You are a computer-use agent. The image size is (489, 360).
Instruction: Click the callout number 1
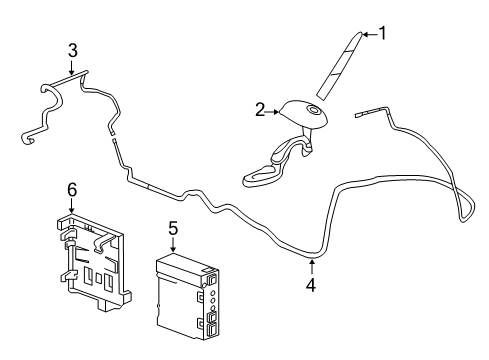(383, 33)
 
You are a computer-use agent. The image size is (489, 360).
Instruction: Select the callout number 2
(260, 110)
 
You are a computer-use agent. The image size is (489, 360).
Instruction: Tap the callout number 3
(73, 51)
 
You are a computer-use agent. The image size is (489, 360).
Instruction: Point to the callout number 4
(311, 285)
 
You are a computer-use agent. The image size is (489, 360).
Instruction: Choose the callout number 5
(173, 229)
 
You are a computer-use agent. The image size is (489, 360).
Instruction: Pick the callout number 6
(72, 190)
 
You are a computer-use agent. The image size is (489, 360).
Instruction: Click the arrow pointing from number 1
(370, 34)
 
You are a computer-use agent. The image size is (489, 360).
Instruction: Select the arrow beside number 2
(272, 112)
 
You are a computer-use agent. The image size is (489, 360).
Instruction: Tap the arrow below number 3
(71, 67)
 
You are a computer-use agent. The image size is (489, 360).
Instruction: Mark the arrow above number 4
(312, 268)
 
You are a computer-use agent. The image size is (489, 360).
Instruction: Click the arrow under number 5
(173, 245)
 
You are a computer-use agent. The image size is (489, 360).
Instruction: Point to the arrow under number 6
(71, 206)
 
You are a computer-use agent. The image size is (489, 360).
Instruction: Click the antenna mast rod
(339, 66)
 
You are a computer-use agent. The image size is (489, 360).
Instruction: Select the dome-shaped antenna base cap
(303, 113)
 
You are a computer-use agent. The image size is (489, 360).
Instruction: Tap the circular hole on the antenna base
(314, 109)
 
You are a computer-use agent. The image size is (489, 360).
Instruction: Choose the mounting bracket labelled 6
(93, 262)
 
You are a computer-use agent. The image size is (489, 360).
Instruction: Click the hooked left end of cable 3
(28, 138)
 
